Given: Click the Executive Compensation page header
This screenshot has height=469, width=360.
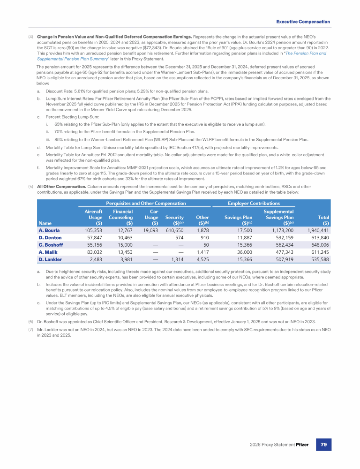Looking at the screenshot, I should (x=303, y=22).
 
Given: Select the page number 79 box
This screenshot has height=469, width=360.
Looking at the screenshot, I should (x=322, y=444).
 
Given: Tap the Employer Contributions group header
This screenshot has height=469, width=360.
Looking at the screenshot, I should (x=254, y=203).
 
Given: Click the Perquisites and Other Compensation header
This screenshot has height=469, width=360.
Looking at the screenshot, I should (x=146, y=203).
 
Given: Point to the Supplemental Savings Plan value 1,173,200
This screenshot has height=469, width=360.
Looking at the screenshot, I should (x=280, y=230).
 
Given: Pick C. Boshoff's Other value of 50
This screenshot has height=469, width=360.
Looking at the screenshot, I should (x=206, y=246).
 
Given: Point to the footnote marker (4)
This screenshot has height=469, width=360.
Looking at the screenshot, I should (x=31, y=37).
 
